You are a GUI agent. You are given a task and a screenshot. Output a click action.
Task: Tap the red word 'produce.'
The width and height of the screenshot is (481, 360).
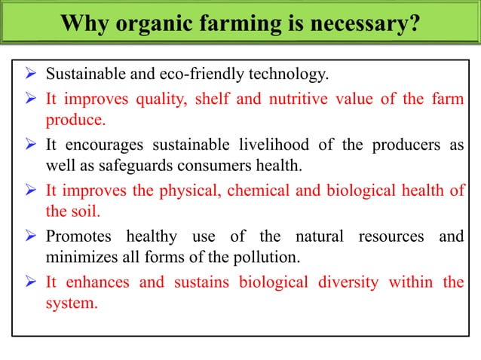[x=76, y=120]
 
